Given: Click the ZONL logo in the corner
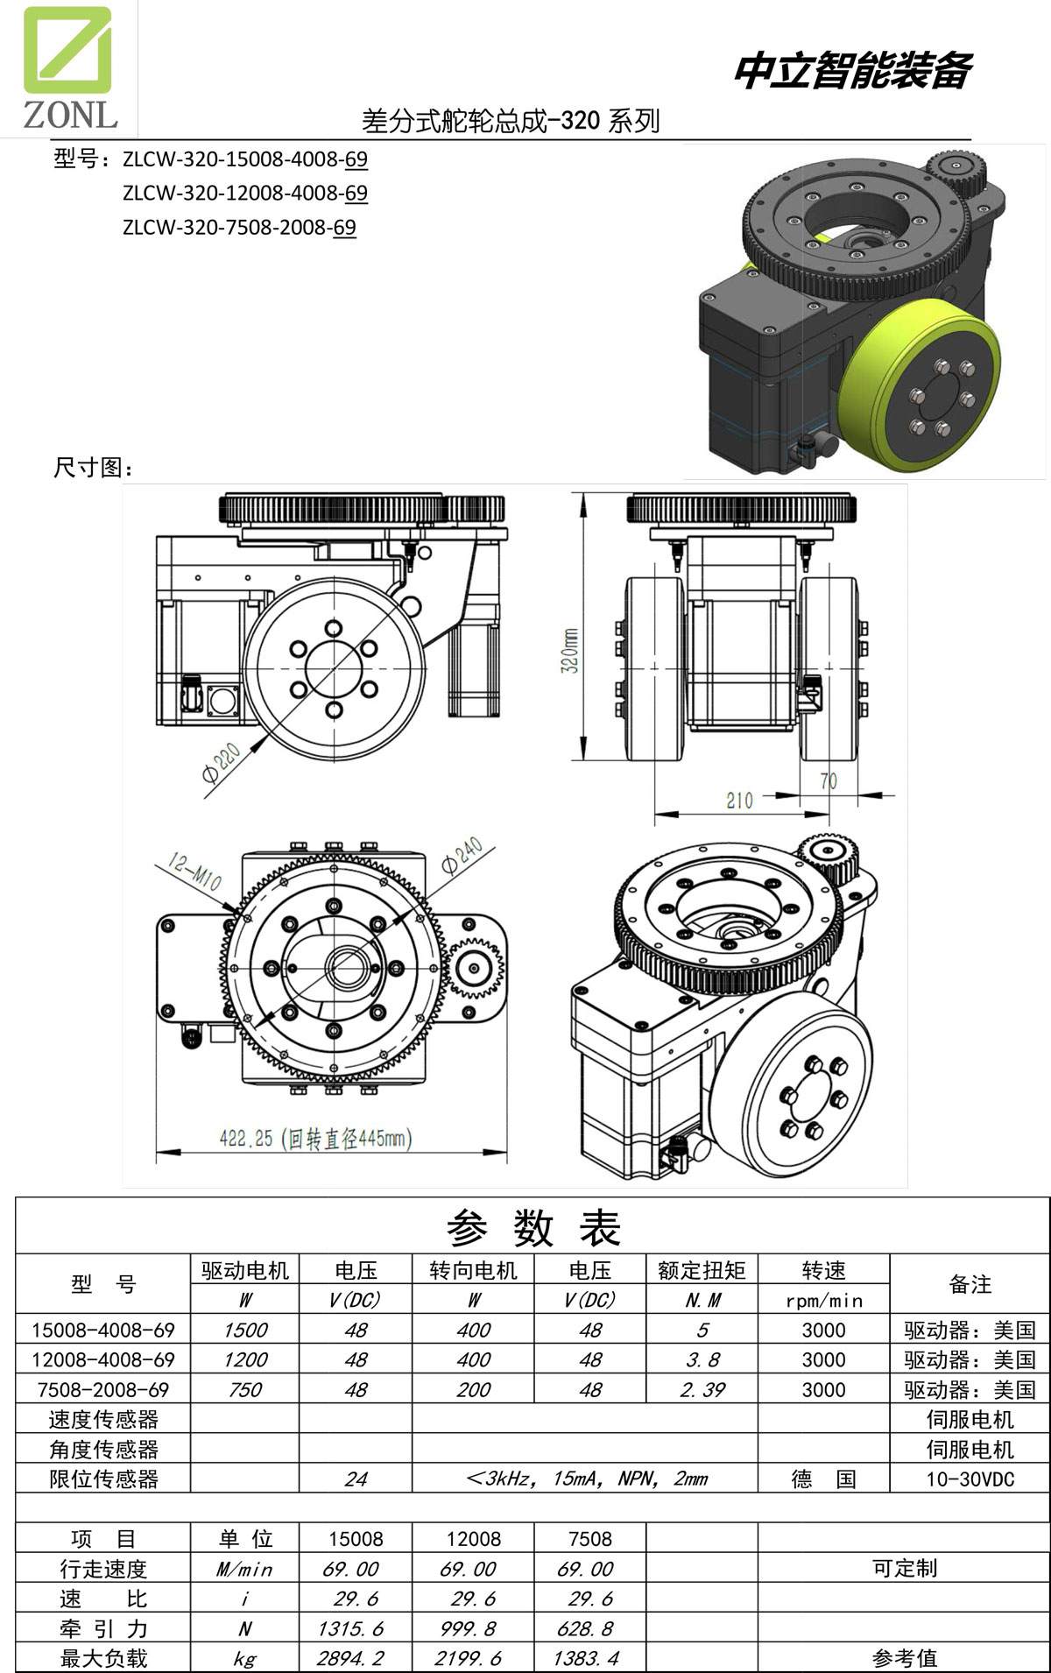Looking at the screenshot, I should click(68, 68).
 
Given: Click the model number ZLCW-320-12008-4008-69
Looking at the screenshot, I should click(244, 193).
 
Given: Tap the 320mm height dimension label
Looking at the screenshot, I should click(569, 650).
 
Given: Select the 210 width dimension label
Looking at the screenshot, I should click(739, 800).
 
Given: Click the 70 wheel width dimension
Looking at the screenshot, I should click(828, 781).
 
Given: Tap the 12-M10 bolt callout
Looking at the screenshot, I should click(194, 872).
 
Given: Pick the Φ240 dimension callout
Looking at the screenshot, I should click(462, 856).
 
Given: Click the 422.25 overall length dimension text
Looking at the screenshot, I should click(315, 1139).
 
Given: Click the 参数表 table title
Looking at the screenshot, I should click(533, 1227).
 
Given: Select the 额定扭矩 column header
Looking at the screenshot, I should click(702, 1270).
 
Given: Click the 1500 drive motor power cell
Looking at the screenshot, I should click(245, 1330).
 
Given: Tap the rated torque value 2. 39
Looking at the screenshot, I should click(702, 1389).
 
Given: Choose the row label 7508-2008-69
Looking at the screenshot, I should click(103, 1389).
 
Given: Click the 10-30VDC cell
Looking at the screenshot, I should click(970, 1479).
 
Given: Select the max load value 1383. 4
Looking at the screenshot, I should click(586, 1658).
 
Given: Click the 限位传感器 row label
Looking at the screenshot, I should click(103, 1479).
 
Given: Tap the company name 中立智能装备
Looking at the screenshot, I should click(852, 71).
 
